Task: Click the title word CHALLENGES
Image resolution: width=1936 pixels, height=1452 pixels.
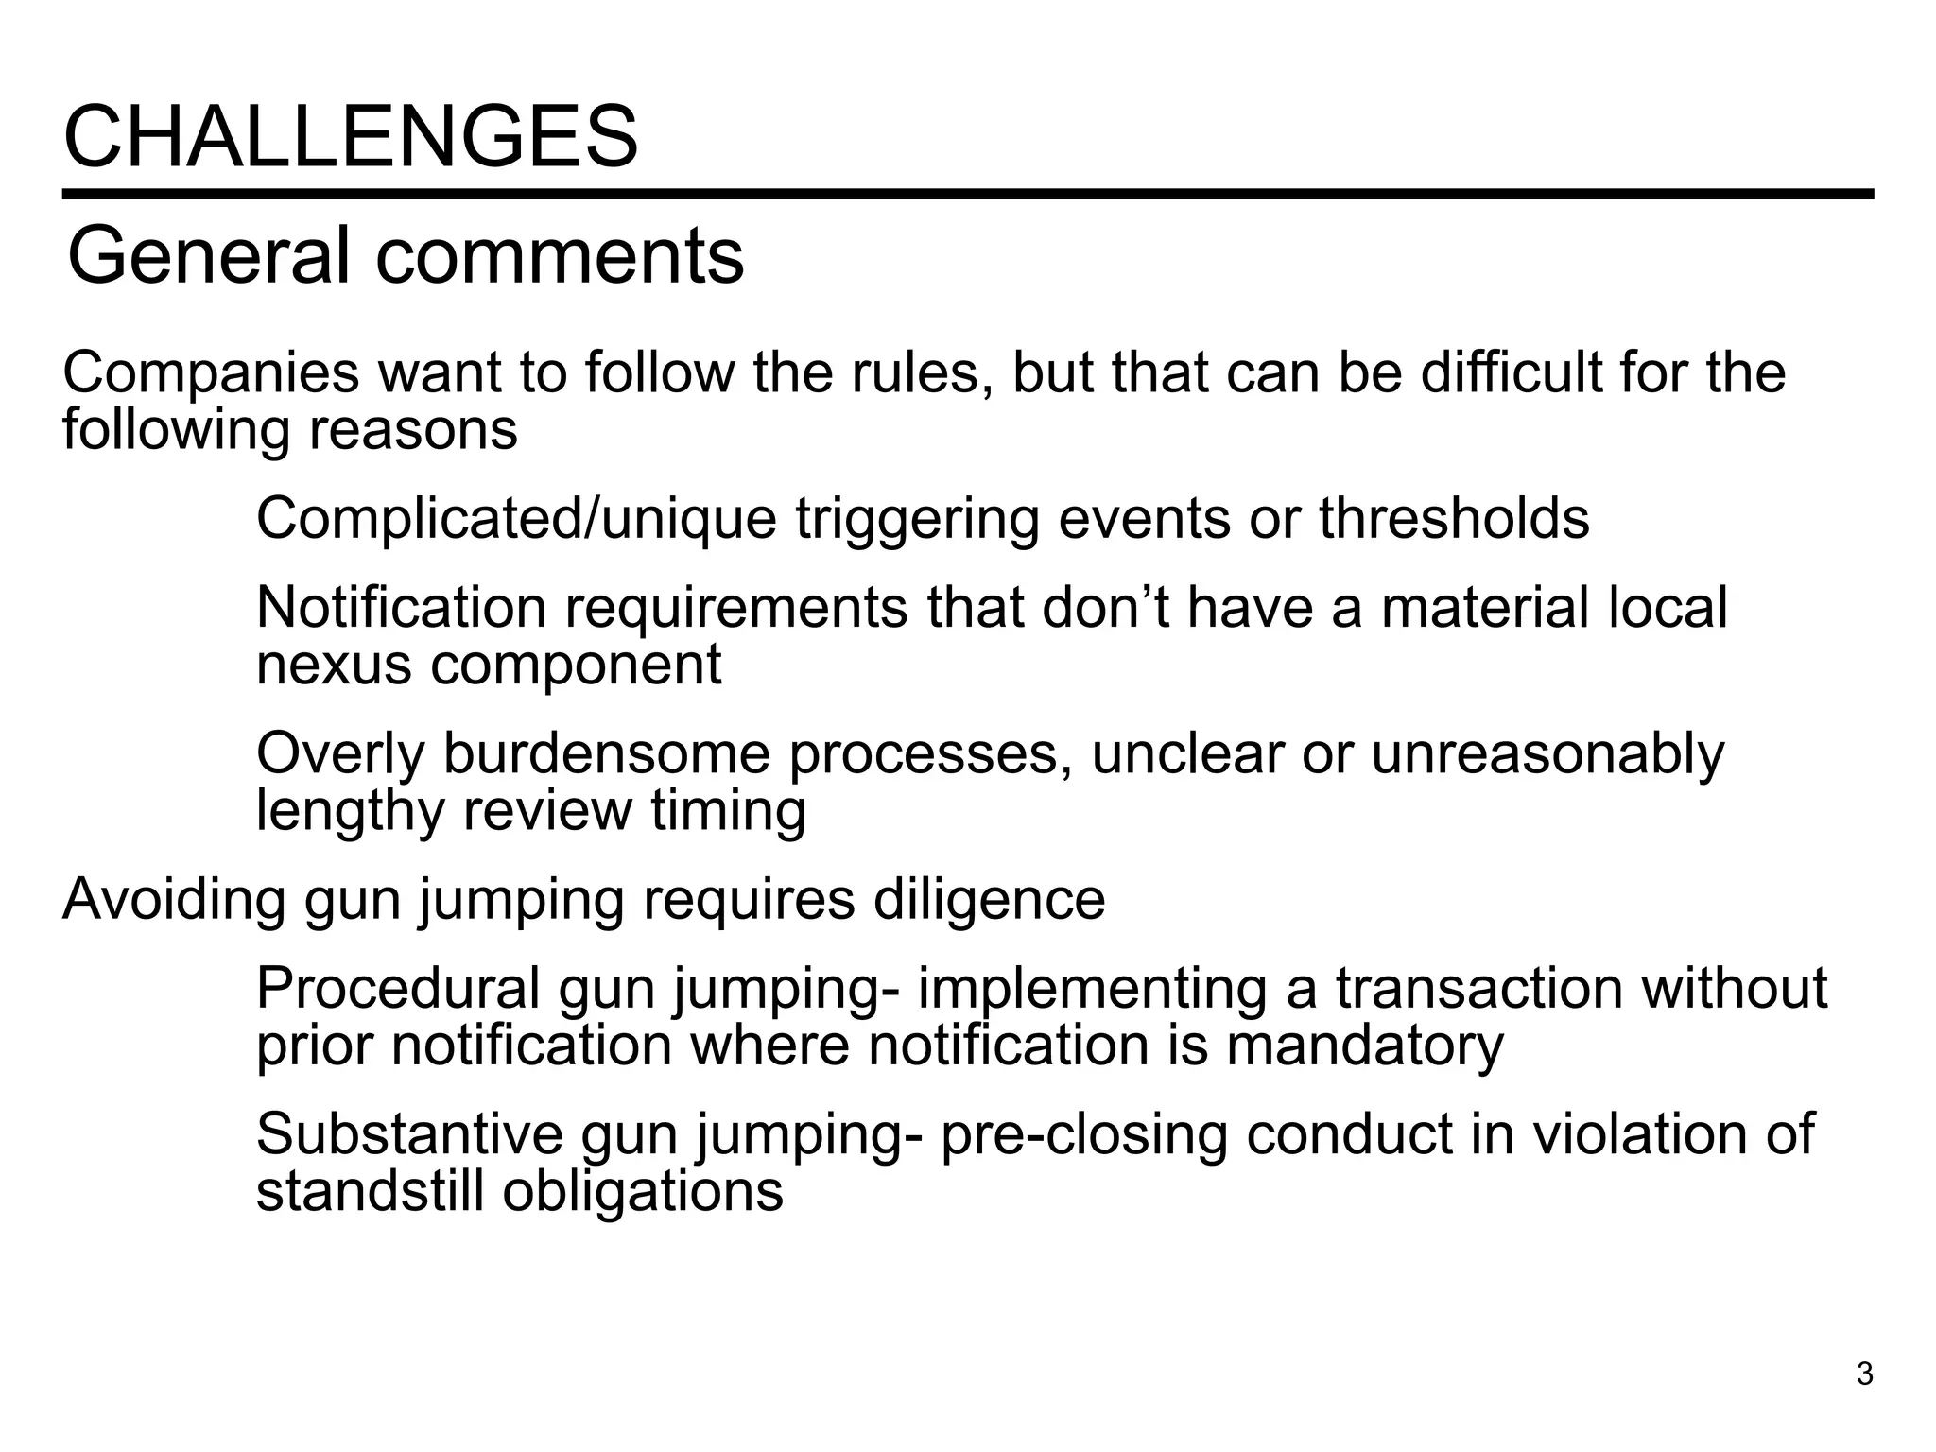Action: click(351, 138)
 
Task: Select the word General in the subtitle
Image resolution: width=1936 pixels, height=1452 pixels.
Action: click(208, 256)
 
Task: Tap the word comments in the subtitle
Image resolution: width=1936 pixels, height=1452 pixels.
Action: click(560, 256)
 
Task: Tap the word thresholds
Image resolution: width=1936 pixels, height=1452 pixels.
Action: click(1454, 519)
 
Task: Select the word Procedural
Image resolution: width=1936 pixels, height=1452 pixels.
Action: click(398, 988)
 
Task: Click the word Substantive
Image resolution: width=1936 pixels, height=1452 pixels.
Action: click(409, 1133)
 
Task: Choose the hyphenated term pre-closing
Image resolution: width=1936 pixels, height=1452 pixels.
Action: click(1083, 1134)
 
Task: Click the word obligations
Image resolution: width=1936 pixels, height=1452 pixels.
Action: click(643, 1192)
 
